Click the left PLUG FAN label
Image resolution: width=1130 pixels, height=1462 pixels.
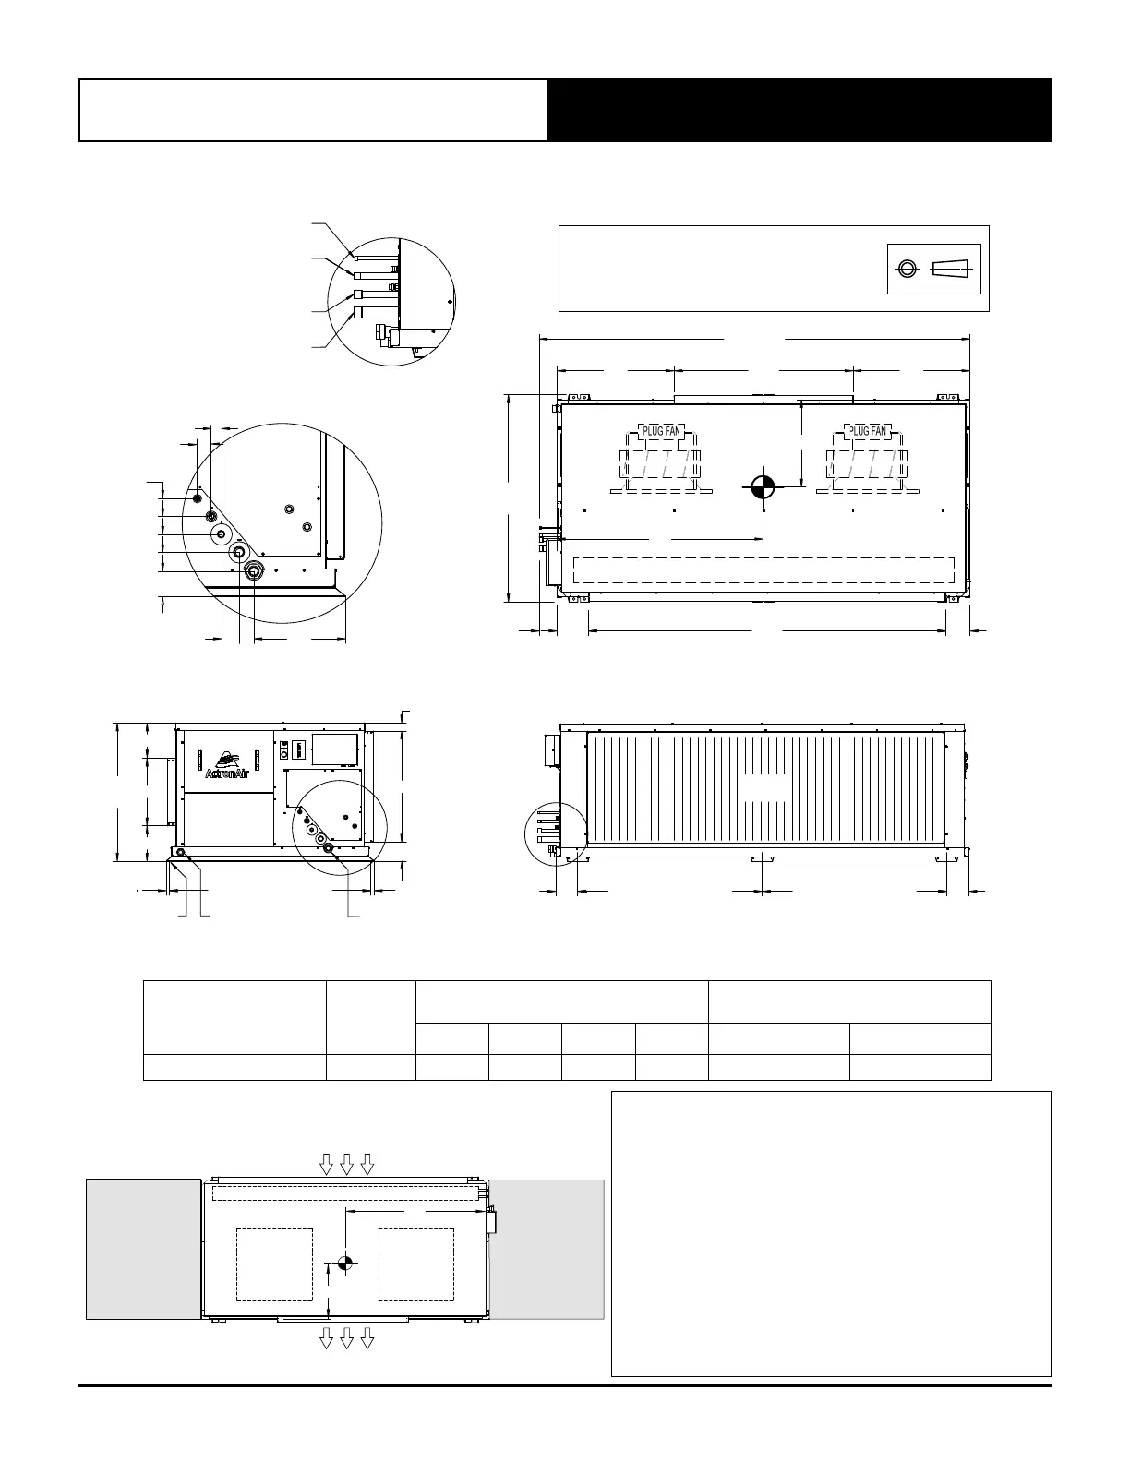click(661, 431)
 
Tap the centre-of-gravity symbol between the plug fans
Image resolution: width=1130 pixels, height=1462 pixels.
click(763, 486)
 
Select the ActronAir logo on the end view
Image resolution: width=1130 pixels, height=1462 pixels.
click(227, 766)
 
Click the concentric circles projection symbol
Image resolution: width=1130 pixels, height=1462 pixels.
click(908, 269)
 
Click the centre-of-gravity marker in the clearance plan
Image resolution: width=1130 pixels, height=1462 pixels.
click(344, 1264)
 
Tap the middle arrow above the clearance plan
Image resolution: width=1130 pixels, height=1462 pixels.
click(347, 1164)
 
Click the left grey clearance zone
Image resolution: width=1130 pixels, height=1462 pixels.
click(143, 1249)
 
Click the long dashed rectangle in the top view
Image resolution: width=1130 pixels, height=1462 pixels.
click(763, 569)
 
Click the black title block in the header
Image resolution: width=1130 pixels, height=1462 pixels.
click(799, 110)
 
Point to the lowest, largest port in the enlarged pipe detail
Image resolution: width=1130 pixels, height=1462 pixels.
click(253, 571)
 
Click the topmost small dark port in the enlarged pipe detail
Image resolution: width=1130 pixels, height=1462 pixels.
click(197, 497)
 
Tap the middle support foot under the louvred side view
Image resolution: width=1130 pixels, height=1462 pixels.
click(763, 860)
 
